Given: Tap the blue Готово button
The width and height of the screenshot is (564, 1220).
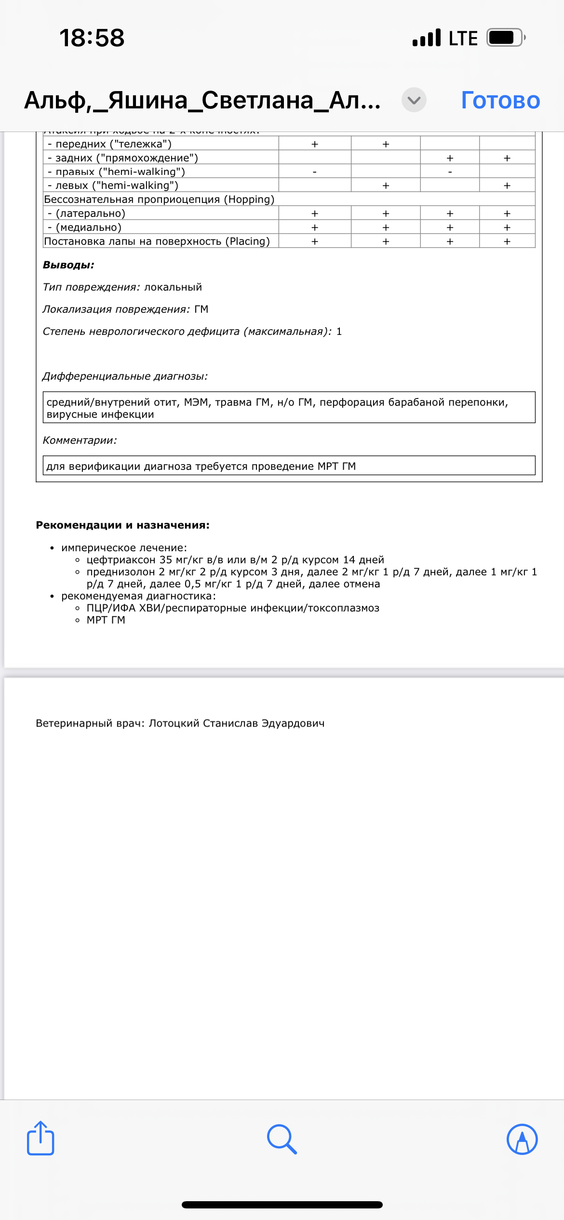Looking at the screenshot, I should pos(500,100).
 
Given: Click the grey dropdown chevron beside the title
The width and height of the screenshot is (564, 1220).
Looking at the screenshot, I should pos(414,100).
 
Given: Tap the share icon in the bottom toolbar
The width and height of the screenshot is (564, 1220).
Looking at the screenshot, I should pos(40,1138).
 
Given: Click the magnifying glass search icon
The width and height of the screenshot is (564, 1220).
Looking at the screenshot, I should pos(282,1139).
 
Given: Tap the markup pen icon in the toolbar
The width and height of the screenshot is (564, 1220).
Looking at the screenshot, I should pos(522,1139).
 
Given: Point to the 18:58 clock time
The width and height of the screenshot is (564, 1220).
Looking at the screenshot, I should pos(92,38).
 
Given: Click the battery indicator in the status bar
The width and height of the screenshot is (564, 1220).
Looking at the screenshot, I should pos(505,38).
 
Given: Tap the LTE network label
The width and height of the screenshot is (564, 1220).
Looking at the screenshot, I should pos(463,39).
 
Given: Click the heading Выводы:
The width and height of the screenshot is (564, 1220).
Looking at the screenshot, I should pos(68,265).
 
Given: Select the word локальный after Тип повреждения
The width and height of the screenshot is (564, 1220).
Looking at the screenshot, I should pos(173,287).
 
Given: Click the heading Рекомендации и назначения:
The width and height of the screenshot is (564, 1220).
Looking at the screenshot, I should pos(122,525).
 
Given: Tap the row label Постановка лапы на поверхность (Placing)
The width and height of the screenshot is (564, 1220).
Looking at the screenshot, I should pos(157,241).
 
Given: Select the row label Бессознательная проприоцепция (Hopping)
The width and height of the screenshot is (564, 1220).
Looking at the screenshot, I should pos(159,199).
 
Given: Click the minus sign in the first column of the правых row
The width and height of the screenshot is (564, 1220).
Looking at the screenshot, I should pos(315,172).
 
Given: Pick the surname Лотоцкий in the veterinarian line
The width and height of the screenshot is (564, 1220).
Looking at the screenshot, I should pos(174,723).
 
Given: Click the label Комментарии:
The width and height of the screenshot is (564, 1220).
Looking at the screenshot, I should pos(80,440).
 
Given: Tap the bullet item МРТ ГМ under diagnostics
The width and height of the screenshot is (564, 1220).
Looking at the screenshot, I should pos(106,620).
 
